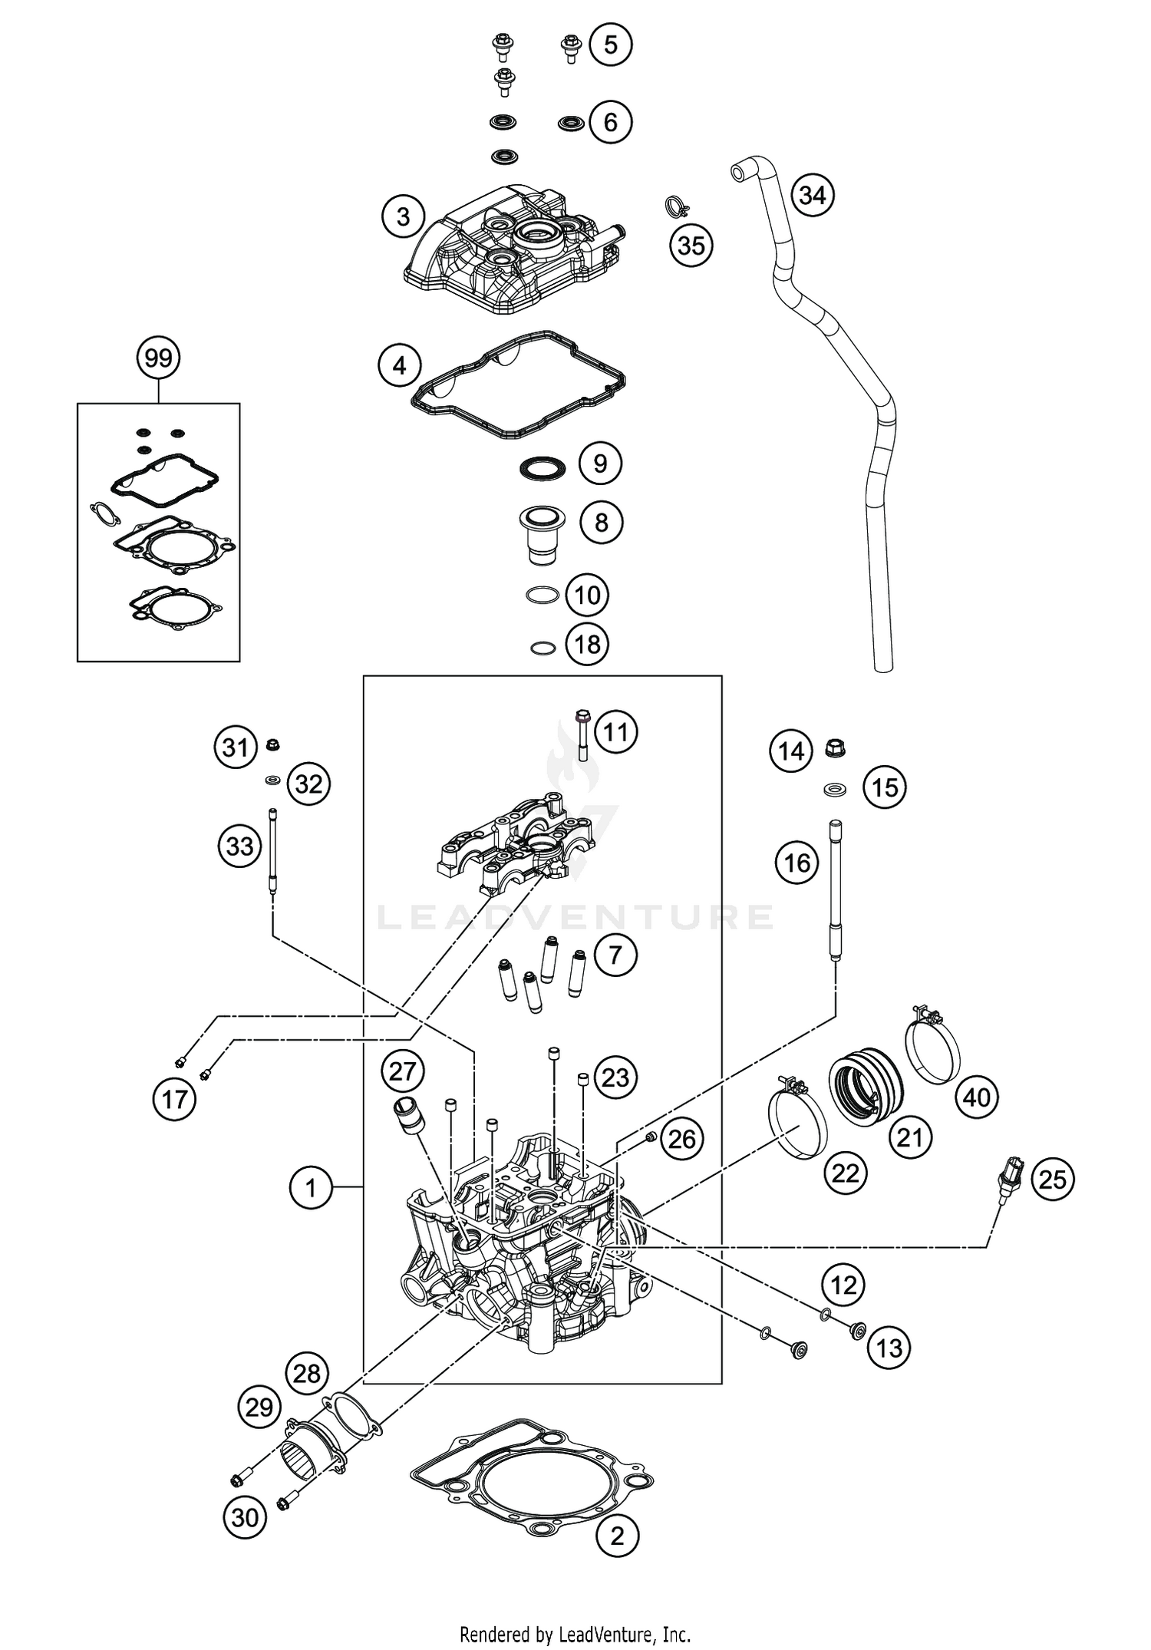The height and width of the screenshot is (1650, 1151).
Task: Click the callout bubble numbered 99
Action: click(159, 358)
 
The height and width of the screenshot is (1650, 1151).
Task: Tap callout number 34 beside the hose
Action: click(813, 195)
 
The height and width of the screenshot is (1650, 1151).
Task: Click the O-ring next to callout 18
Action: click(543, 648)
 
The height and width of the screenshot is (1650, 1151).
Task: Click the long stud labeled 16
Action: click(835, 890)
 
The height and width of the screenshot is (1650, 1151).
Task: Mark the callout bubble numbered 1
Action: click(311, 1188)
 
